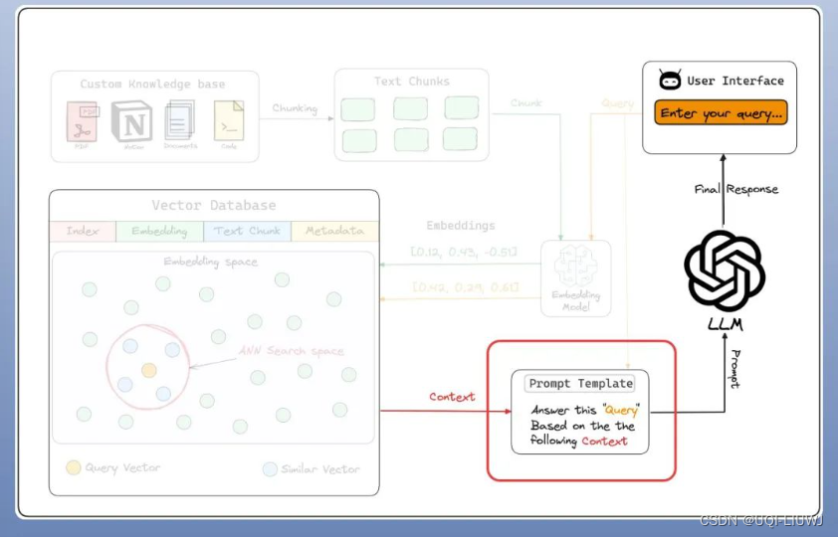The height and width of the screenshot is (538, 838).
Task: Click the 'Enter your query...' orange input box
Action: tap(721, 113)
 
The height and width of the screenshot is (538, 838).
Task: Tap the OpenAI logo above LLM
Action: tap(725, 270)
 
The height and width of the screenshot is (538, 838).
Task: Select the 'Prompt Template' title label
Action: tap(580, 383)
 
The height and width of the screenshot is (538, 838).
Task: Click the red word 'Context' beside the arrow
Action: tap(452, 397)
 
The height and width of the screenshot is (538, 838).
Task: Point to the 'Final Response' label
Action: tap(736, 189)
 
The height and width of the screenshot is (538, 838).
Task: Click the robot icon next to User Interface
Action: tap(670, 81)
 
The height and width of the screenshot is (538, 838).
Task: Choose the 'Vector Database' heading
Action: tap(214, 206)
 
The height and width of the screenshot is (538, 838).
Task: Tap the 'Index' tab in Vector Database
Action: tap(83, 231)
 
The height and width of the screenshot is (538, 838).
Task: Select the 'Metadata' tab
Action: tap(334, 231)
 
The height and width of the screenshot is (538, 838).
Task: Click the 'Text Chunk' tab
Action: tap(248, 231)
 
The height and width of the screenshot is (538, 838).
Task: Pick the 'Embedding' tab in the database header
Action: tap(159, 231)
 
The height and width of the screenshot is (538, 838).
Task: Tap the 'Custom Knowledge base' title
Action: tap(152, 85)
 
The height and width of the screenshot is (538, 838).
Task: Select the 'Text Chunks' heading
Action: tap(411, 81)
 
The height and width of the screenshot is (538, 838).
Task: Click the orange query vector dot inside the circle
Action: tap(148, 370)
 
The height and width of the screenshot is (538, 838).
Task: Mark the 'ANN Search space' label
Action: tap(292, 351)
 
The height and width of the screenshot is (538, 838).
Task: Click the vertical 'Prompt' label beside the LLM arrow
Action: tap(734, 369)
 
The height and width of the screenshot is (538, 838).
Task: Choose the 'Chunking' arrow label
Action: tap(295, 107)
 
